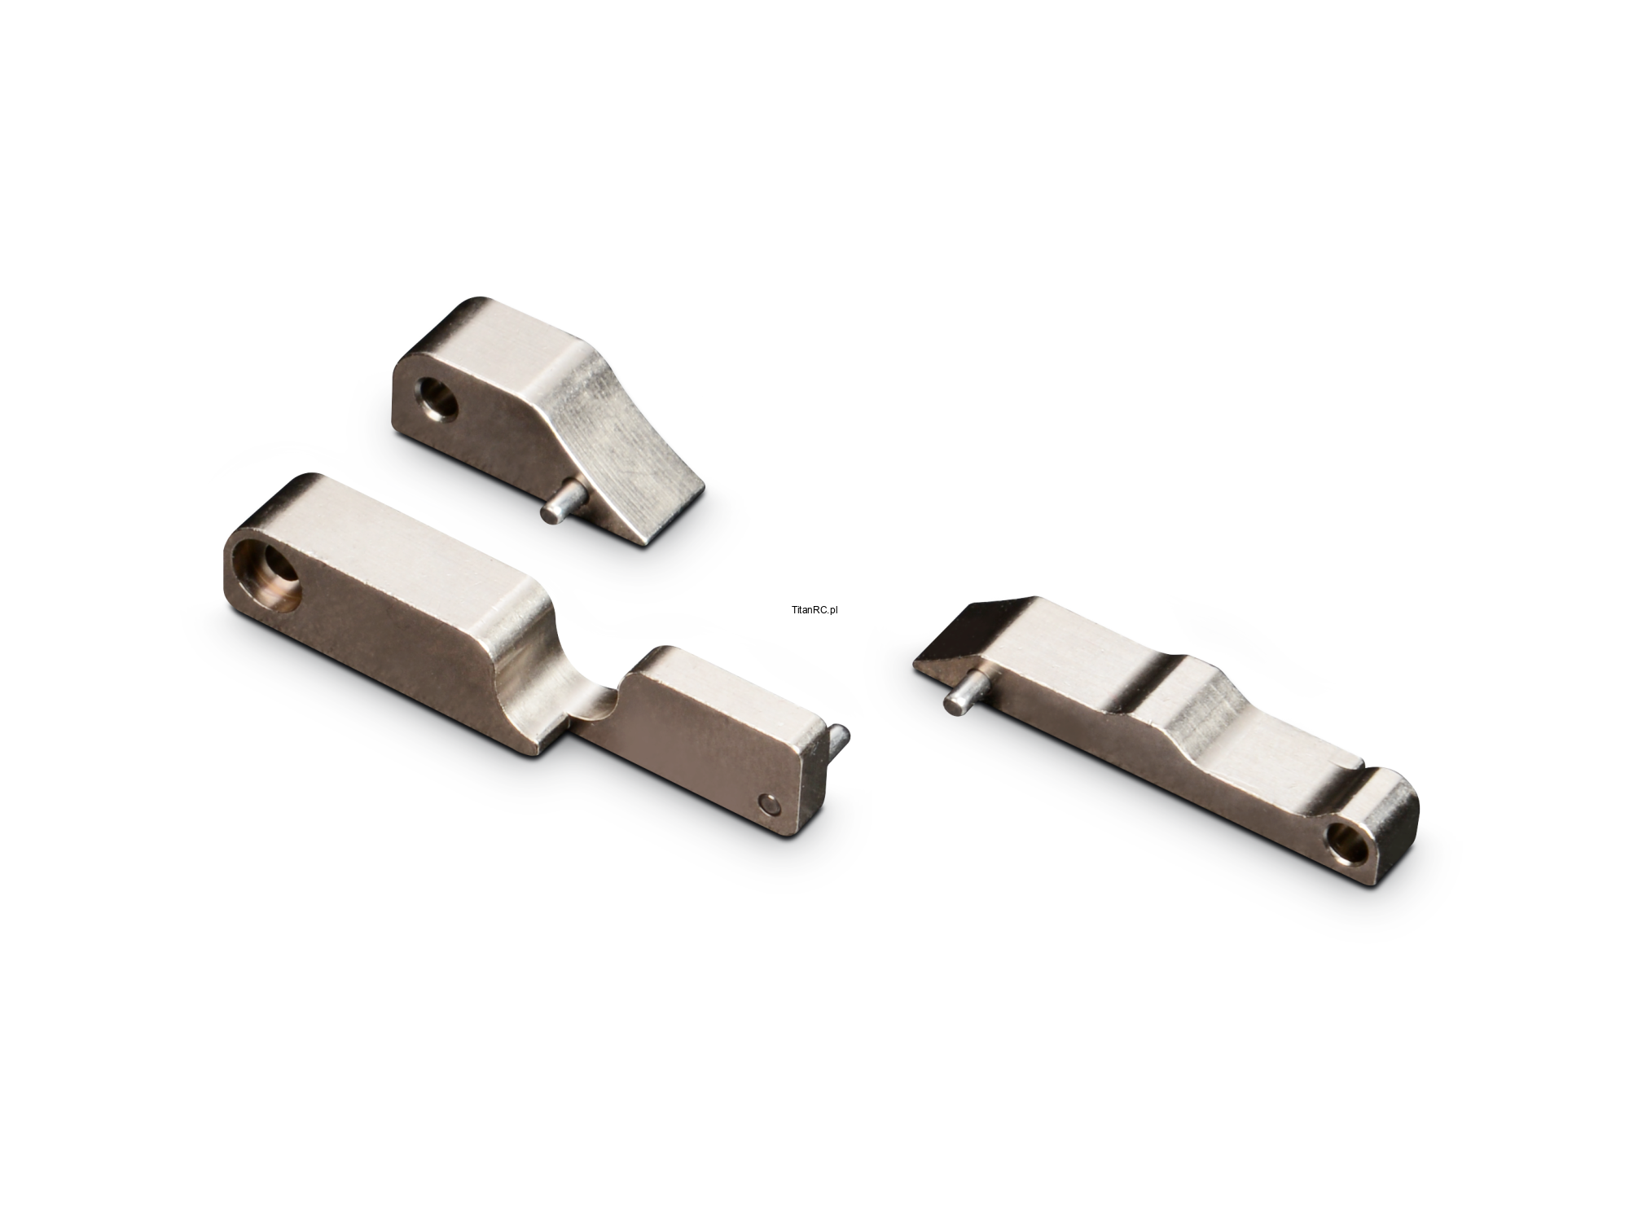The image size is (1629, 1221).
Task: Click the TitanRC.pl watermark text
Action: pyautogui.click(x=814, y=609)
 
